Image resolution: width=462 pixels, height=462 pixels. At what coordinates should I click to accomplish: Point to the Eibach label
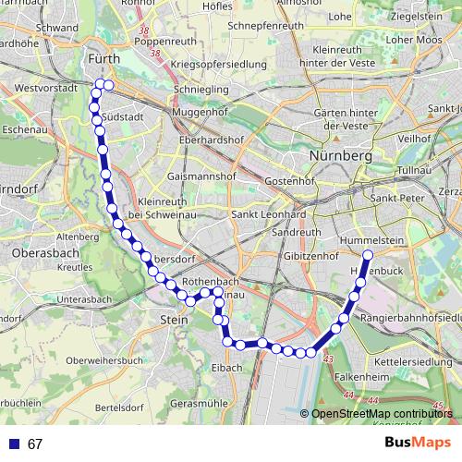tap(226, 367)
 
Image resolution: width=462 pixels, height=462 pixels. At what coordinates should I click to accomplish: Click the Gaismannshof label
tap(203, 176)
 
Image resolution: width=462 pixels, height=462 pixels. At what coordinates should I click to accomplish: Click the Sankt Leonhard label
tap(268, 214)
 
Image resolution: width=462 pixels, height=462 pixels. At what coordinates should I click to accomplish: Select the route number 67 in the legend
tap(35, 444)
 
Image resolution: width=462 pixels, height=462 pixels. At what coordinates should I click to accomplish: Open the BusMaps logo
tap(418, 444)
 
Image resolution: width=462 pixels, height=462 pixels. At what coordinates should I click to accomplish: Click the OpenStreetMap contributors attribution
tap(382, 414)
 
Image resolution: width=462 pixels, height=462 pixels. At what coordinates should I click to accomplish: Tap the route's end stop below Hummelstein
tap(368, 255)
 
